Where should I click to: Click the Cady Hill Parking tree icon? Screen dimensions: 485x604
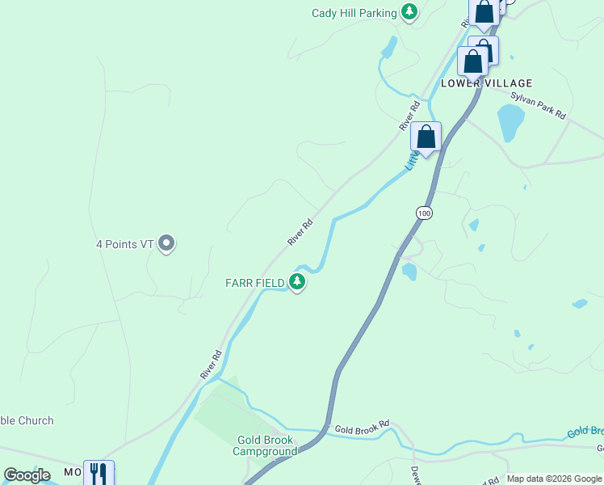coord(410,12)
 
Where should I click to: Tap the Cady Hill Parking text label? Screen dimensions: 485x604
coord(354,13)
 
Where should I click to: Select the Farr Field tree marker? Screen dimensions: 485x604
coord(298,281)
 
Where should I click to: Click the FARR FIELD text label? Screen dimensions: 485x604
coord(254,282)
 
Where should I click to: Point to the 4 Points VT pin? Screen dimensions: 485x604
coord(166,242)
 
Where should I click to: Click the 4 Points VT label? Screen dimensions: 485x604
coord(125,243)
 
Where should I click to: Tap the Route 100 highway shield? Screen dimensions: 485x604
coord(425,213)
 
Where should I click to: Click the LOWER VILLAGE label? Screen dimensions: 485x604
coord(486,83)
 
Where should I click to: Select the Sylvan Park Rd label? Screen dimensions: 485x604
coord(539,106)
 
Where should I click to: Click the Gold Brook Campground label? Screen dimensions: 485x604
coord(266,445)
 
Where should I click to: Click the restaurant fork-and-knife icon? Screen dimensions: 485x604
coord(99,472)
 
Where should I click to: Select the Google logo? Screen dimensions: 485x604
coord(27,475)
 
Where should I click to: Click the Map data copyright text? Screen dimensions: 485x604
coord(554,479)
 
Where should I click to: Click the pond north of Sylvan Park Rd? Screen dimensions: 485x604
coord(510,122)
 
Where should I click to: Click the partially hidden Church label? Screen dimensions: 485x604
coord(27,420)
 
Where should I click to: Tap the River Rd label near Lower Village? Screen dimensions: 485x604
coord(410,116)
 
